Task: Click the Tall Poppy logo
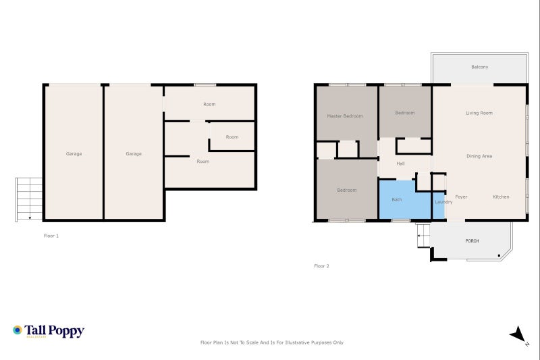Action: click(49, 331)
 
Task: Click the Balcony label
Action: click(479, 67)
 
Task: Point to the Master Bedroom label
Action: click(344, 116)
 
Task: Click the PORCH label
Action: click(472, 241)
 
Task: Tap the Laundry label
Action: click(443, 202)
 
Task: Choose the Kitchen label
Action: click(501, 197)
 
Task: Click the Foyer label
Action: click(461, 197)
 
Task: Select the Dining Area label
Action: click(479, 156)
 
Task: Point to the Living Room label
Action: click(479, 113)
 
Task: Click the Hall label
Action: click(400, 163)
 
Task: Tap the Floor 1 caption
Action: click(51, 236)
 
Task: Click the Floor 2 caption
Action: click(321, 266)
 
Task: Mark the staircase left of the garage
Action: click(29, 199)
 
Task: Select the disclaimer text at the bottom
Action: click(272, 342)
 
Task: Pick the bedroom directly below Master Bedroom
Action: click(346, 190)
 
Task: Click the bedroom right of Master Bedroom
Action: click(404, 113)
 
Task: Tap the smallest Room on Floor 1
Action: click(232, 137)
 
